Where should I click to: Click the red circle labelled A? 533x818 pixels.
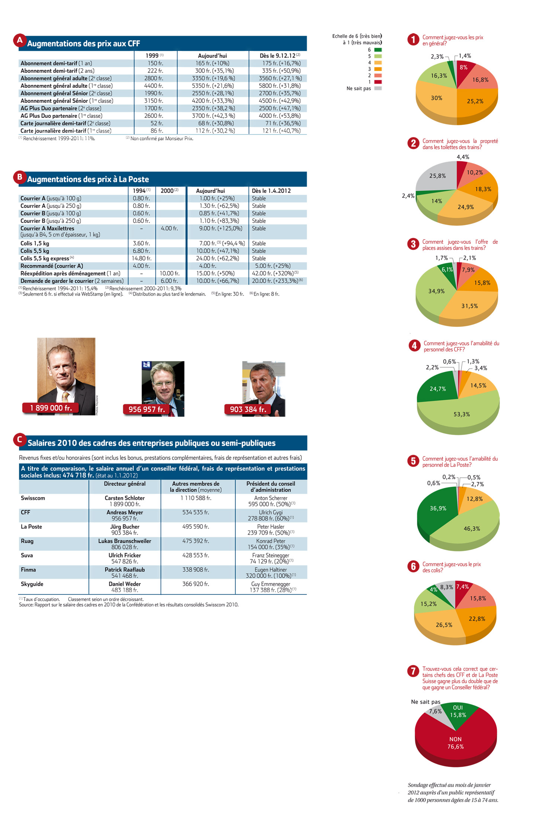(x=19, y=40)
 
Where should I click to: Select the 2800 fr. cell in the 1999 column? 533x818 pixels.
(x=154, y=78)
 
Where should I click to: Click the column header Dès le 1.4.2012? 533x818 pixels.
(x=271, y=191)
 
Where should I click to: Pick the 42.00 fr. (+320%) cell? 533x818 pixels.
(x=275, y=273)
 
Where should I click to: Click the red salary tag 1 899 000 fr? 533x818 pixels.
(x=51, y=408)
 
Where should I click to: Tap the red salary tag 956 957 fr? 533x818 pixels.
(x=146, y=409)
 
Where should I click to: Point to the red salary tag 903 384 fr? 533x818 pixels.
(x=248, y=409)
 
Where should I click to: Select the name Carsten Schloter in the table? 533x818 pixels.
(x=125, y=498)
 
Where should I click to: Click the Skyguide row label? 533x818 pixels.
(x=32, y=584)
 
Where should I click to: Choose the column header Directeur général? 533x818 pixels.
(x=125, y=484)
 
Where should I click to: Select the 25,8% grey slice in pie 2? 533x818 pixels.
(x=437, y=176)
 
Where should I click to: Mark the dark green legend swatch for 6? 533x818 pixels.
(x=378, y=50)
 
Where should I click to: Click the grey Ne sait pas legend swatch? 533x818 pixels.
(x=378, y=88)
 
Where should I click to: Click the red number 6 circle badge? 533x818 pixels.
(x=413, y=566)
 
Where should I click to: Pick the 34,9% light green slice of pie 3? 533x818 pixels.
(x=435, y=292)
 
